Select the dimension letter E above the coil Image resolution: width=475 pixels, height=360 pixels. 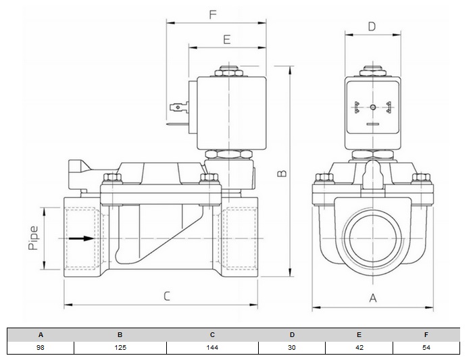click(x=226, y=39)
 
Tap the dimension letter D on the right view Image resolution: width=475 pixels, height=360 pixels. click(x=371, y=26)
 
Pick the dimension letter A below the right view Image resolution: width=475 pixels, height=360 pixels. click(x=372, y=298)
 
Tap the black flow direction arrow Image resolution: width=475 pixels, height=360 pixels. click(x=80, y=238)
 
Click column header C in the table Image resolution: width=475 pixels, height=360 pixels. click(x=212, y=334)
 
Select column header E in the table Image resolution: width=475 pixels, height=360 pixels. click(x=359, y=334)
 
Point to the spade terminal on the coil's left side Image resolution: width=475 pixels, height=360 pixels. click(x=178, y=105)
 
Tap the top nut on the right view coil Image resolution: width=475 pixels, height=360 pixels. click(x=371, y=69)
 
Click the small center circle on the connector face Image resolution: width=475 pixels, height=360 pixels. click(x=371, y=106)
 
